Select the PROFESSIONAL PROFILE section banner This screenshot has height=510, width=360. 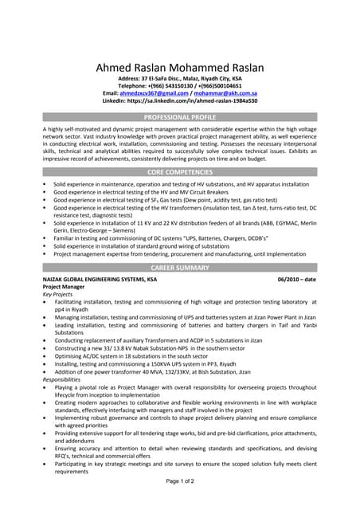[x=180, y=116]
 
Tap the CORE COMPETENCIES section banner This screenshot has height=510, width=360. [x=180, y=171]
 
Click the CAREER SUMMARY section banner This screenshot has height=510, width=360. [x=180, y=268]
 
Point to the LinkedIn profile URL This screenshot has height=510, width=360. [x=180, y=101]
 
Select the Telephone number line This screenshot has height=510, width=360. [x=180, y=86]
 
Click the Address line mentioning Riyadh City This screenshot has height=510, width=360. [x=180, y=79]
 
